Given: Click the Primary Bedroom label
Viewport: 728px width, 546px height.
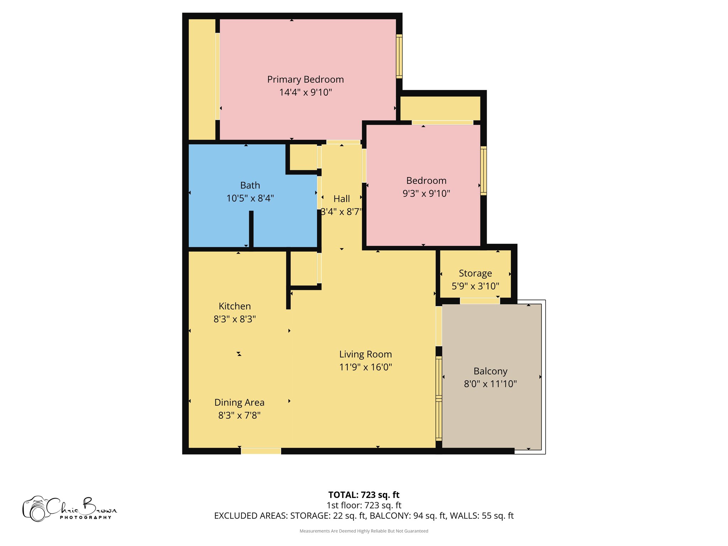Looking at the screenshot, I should pos(305,79).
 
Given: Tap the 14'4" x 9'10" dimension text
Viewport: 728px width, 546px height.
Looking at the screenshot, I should pos(305,92).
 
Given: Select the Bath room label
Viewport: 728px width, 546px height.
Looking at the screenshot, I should pos(250,185).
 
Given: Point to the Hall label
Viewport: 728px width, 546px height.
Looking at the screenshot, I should pos(342,199).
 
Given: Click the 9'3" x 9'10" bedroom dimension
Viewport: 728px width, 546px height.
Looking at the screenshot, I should pos(426,193).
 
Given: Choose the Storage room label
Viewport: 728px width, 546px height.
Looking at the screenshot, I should pos(475,273).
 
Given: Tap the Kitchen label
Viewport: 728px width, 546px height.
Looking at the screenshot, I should pos(235,306).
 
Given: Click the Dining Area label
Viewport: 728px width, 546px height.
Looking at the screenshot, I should pos(239,402).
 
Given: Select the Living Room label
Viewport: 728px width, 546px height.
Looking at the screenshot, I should pos(365,354).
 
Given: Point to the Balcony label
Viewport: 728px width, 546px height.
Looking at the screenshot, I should pos(490,371).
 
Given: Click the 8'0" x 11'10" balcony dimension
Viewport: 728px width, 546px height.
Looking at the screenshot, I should pos(490,384).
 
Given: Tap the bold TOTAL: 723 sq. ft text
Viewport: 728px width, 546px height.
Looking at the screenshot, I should pos(364,495).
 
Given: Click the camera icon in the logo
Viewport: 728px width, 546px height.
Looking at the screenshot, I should pos(36,509).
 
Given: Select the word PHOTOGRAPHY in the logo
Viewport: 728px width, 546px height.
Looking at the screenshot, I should pos(86,518).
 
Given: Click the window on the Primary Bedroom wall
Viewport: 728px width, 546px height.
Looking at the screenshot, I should pos(399,56).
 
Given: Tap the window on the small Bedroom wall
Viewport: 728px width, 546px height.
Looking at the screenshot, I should pos(483,171).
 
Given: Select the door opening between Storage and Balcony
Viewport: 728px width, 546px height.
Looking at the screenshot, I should pos(480,301).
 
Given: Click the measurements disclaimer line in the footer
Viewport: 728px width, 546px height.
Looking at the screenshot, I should pos(364,531).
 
